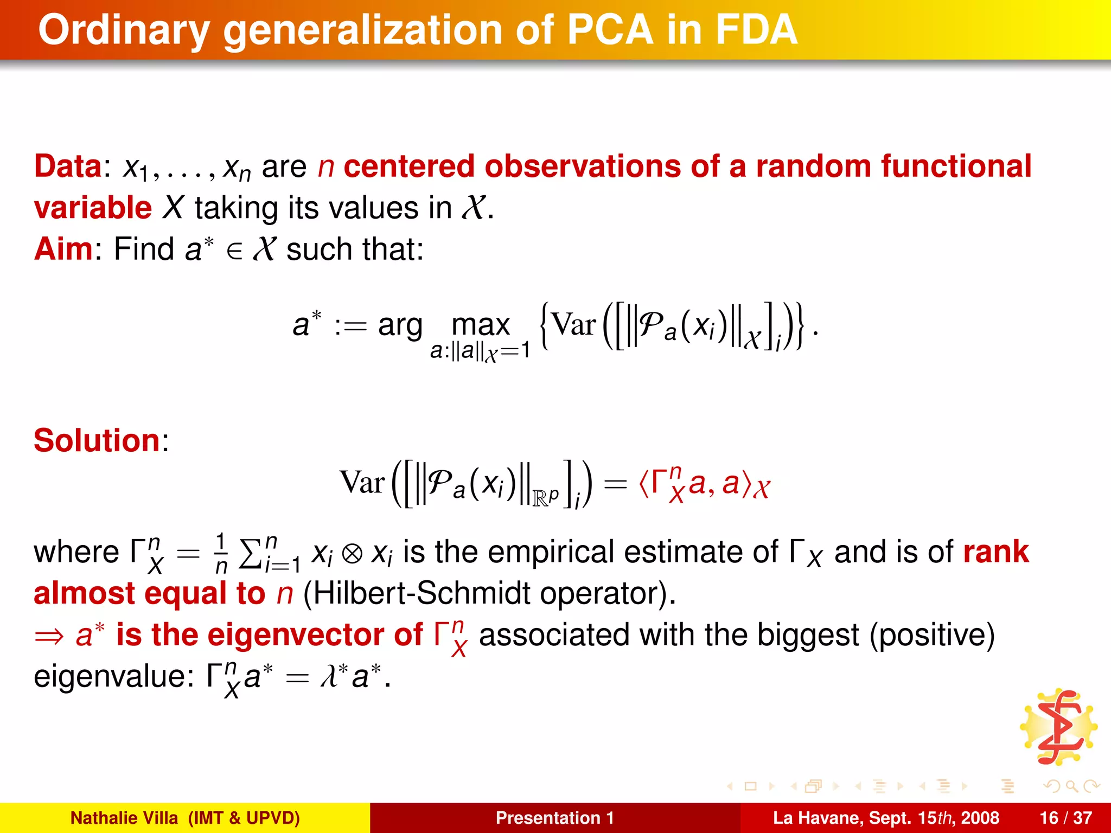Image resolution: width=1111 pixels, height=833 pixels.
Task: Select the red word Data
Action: point(68,166)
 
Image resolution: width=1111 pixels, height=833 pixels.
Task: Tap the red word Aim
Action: point(63,249)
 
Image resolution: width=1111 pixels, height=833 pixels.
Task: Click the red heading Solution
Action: point(97,440)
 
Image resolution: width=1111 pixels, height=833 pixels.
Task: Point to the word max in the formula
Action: point(481,325)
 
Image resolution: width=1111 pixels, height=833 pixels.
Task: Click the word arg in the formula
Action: point(400,325)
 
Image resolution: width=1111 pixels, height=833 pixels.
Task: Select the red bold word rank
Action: point(995,552)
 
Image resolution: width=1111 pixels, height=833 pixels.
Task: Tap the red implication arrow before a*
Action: point(49,636)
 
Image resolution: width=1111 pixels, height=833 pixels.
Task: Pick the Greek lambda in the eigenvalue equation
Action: point(329,677)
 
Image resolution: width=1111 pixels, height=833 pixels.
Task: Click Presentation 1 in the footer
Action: point(554,818)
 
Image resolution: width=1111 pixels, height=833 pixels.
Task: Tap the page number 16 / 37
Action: point(1065,818)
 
